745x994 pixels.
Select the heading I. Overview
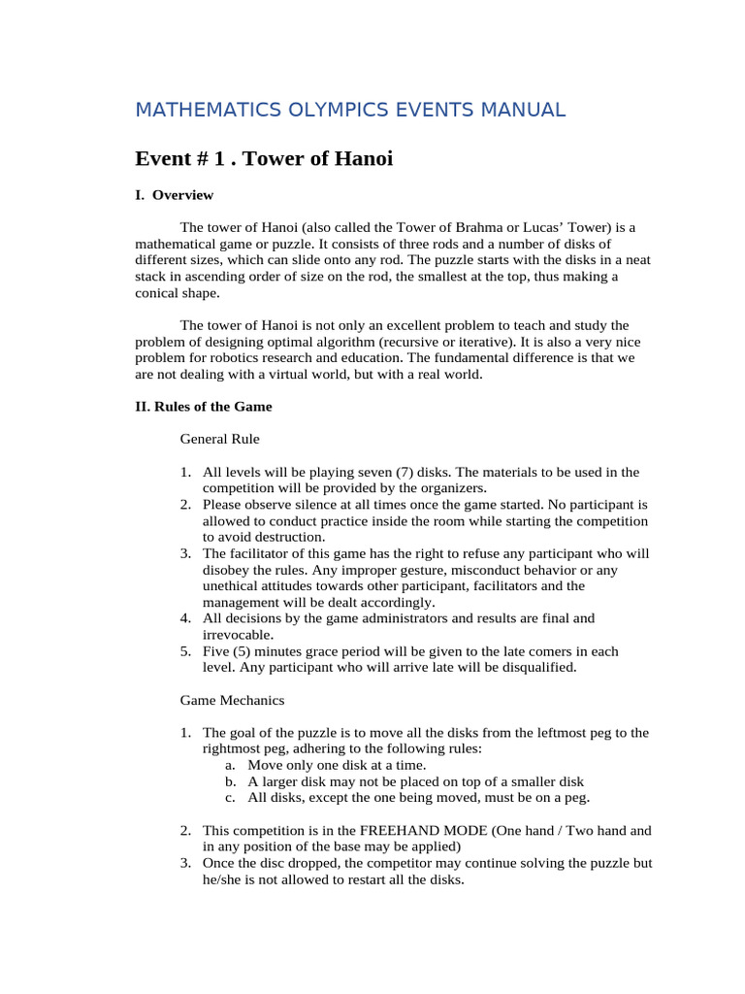(174, 195)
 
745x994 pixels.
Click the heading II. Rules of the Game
(204, 407)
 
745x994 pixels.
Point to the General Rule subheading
(219, 439)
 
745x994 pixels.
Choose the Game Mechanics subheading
(232, 699)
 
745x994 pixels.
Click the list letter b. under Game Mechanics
(230, 781)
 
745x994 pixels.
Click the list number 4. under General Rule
(186, 617)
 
